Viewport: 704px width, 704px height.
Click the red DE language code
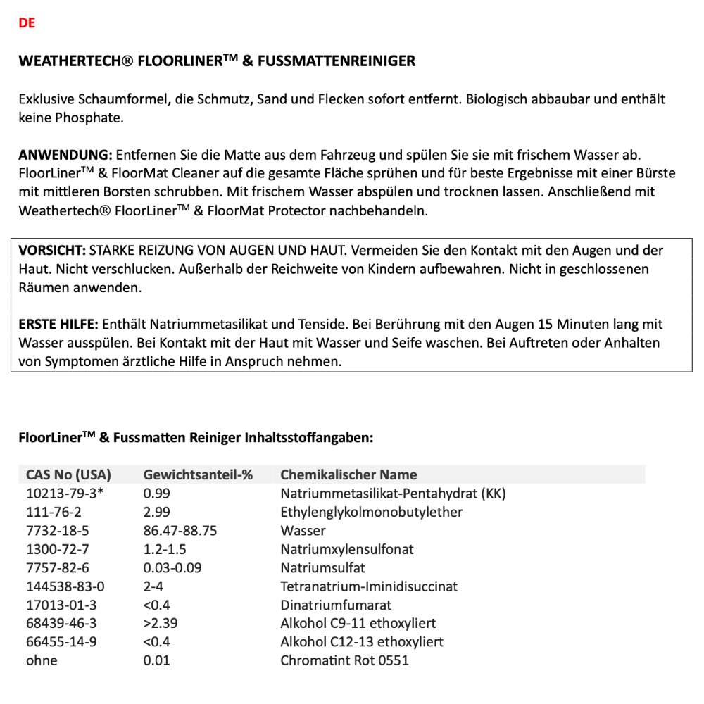point(27,23)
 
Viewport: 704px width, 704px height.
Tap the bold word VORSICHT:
point(52,251)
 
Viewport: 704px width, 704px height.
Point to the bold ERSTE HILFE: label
point(58,325)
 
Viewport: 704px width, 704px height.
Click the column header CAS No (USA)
point(68,474)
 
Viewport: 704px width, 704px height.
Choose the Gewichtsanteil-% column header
point(198,474)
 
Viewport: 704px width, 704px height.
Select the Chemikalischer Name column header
point(348,474)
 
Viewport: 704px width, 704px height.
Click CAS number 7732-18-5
point(58,531)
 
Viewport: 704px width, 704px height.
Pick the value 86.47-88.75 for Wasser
point(180,531)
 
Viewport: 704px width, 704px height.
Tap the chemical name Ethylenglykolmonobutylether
point(371,512)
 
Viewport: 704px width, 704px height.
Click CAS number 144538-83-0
point(65,586)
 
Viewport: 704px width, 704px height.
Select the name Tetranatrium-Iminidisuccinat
point(369,586)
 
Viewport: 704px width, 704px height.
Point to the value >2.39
point(161,624)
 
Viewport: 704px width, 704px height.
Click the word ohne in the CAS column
point(42,660)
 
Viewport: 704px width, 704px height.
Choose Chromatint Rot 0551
point(344,660)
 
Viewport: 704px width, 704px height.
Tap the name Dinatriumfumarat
point(336,605)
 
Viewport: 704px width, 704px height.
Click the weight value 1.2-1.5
point(165,549)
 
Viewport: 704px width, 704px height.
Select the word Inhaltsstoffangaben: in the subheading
point(308,438)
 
